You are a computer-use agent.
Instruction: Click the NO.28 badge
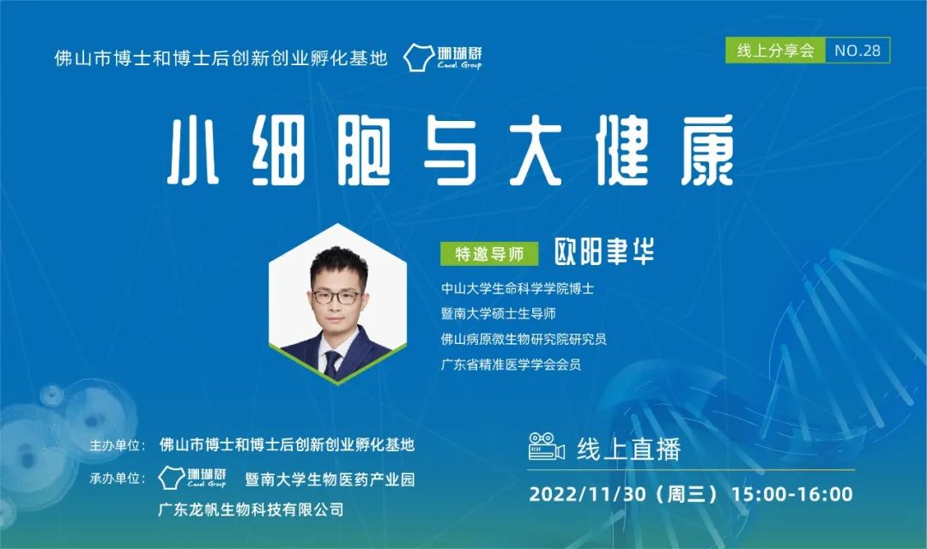(x=857, y=51)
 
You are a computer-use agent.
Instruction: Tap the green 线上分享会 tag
(x=775, y=51)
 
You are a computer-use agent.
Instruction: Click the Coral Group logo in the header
(x=443, y=57)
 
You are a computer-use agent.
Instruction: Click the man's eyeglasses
(x=336, y=297)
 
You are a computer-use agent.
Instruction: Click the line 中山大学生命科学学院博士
(x=517, y=288)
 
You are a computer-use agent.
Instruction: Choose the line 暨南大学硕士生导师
(x=498, y=313)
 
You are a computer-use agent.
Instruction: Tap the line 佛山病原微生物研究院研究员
(x=524, y=339)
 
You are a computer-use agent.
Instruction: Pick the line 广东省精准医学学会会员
(x=511, y=365)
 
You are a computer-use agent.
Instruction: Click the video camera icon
(x=546, y=448)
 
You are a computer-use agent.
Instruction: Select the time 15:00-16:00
(x=791, y=494)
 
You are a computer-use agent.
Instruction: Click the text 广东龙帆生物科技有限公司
(x=251, y=510)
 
